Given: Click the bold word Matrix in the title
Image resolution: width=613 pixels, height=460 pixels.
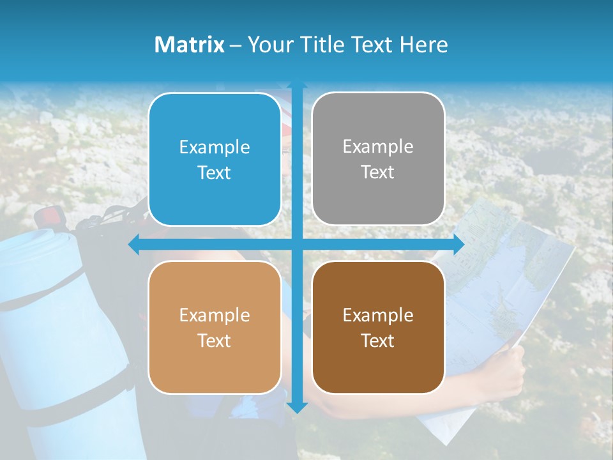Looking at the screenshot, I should pos(190,45).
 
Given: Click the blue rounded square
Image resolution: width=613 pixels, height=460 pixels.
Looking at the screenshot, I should pos(215,160).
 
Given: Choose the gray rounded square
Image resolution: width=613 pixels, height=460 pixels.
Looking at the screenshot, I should pos(378,159).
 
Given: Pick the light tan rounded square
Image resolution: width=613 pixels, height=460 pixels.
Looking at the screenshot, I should pos(215,327).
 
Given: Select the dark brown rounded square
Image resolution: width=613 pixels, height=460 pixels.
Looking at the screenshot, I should pos(378,327).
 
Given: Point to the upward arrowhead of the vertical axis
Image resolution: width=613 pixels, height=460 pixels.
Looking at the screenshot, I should pos(297,86).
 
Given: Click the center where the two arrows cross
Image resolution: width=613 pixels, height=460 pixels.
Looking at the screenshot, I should pos(297,244).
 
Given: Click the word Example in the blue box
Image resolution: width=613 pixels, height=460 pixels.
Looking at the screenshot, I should pos(215,148).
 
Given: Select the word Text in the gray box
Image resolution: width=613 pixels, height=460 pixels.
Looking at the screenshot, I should pos(378,172).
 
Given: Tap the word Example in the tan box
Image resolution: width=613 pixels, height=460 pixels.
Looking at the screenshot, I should pos(215,315).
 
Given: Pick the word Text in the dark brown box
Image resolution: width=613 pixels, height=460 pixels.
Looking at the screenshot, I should pos(378,341).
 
